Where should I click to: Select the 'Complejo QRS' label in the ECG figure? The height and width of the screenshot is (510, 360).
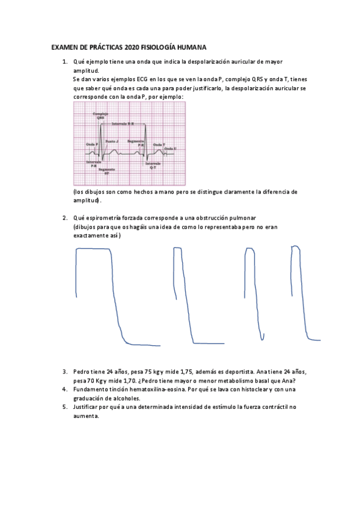coord(100,115)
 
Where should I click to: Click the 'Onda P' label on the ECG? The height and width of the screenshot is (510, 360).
coord(92,144)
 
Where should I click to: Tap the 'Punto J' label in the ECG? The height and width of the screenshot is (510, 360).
coord(112,141)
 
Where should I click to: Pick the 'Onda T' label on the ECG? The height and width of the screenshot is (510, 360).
coord(159,144)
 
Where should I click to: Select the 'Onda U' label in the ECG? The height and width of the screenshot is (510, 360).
coord(170,148)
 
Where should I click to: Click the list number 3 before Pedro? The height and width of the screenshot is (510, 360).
coord(64,372)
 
